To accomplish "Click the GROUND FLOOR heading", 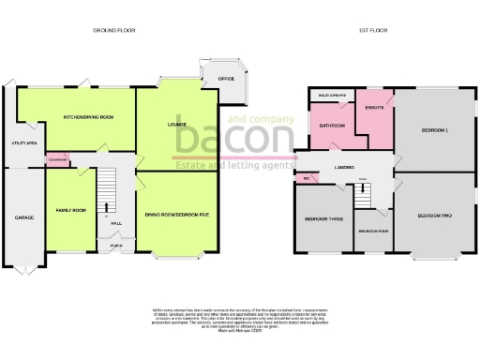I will click(115, 31).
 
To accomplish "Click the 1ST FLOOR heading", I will click(369, 31).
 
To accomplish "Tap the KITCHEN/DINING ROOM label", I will click(88, 117).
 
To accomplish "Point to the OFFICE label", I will click(225, 79).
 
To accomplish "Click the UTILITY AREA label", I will click(24, 143).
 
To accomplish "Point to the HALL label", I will click(115, 224).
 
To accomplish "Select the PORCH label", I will click(115, 247).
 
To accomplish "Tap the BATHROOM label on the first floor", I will click(334, 125).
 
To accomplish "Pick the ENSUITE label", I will click(378, 106).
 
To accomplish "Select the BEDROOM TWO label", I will click(434, 217).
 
